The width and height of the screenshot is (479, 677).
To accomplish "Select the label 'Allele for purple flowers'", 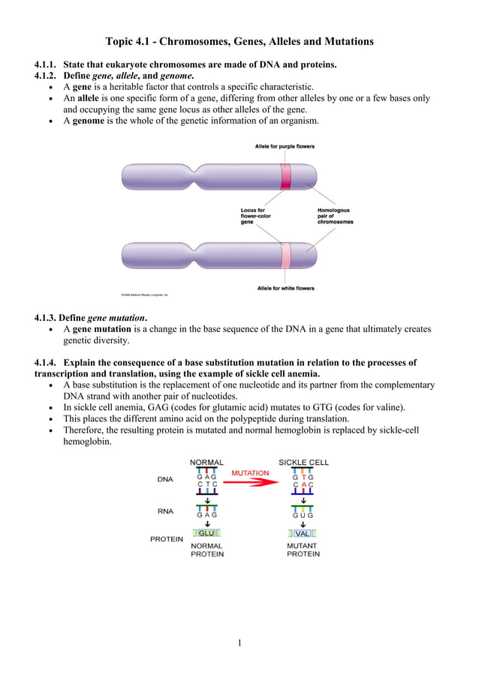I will tap(285, 146).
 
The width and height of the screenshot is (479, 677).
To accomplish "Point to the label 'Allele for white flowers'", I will tap(285, 288).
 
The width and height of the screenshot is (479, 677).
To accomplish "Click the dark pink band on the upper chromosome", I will tap(286, 177).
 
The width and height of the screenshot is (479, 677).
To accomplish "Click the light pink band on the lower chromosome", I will tap(285, 255).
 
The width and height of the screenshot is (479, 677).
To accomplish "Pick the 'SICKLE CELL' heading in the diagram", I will tap(303, 462).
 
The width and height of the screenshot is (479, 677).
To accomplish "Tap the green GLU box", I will tap(207, 533).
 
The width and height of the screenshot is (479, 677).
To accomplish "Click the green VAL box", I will tap(303, 533).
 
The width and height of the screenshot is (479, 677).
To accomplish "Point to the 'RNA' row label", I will tap(164, 511).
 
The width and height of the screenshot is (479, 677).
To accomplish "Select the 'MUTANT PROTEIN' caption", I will tap(303, 550).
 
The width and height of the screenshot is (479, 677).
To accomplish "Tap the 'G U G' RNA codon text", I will tap(303, 516).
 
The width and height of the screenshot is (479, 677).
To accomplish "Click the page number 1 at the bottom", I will tap(239, 642).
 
